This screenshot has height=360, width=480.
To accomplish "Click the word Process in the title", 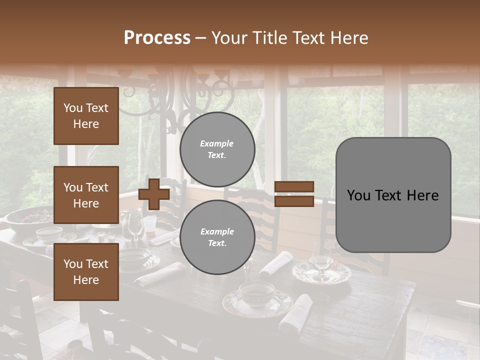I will click(157, 38).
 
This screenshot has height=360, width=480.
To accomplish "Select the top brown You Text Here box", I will click(86, 116).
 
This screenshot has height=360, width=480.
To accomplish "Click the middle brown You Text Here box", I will click(86, 195).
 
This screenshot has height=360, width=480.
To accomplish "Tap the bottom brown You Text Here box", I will click(86, 271).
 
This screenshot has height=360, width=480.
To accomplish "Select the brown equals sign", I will click(294, 194).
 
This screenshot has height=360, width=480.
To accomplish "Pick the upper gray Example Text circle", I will click(217, 149).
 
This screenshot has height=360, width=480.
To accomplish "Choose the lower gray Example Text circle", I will click(217, 237).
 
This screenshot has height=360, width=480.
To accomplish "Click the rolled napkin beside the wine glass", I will click(276, 263).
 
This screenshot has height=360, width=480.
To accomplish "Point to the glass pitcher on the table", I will click(133, 225).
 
